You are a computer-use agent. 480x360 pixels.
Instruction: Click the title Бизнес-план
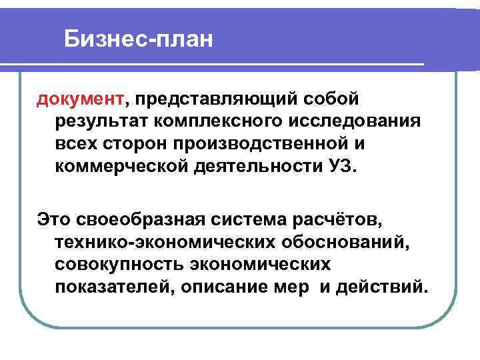click(x=139, y=41)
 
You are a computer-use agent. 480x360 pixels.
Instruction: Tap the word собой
click(x=331, y=100)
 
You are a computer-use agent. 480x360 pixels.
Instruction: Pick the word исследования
click(x=355, y=122)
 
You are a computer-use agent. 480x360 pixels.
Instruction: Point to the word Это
click(x=52, y=220)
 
